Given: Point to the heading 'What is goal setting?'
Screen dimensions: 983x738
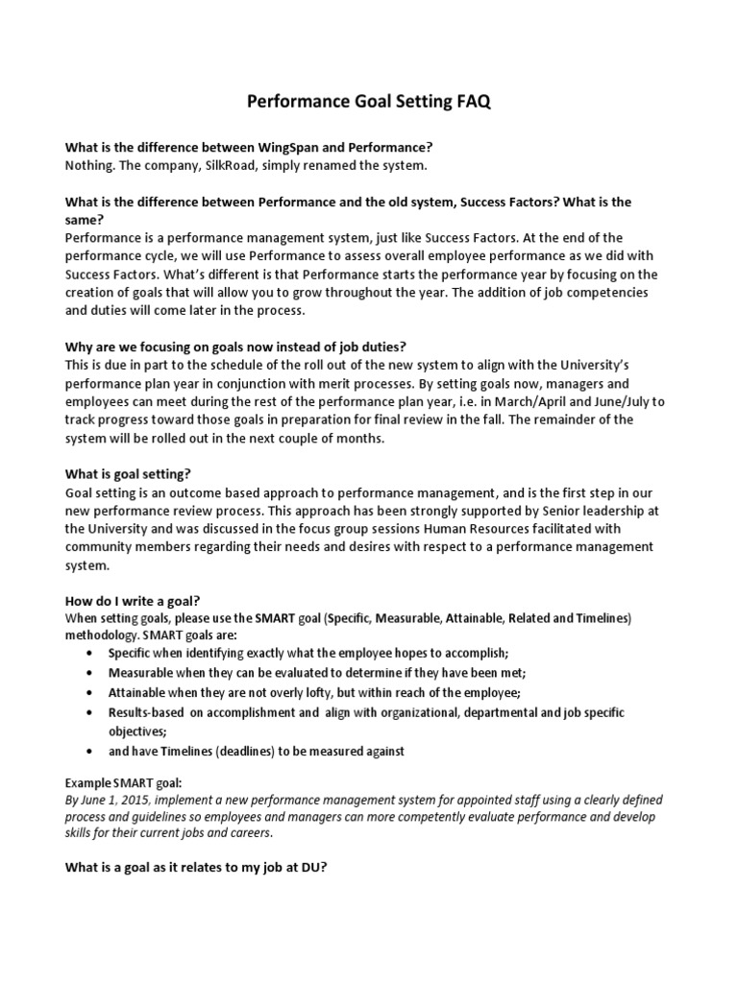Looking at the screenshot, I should pyautogui.click(x=128, y=474).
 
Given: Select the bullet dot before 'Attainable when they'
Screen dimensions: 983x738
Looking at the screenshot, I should pyautogui.click(x=89, y=692).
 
